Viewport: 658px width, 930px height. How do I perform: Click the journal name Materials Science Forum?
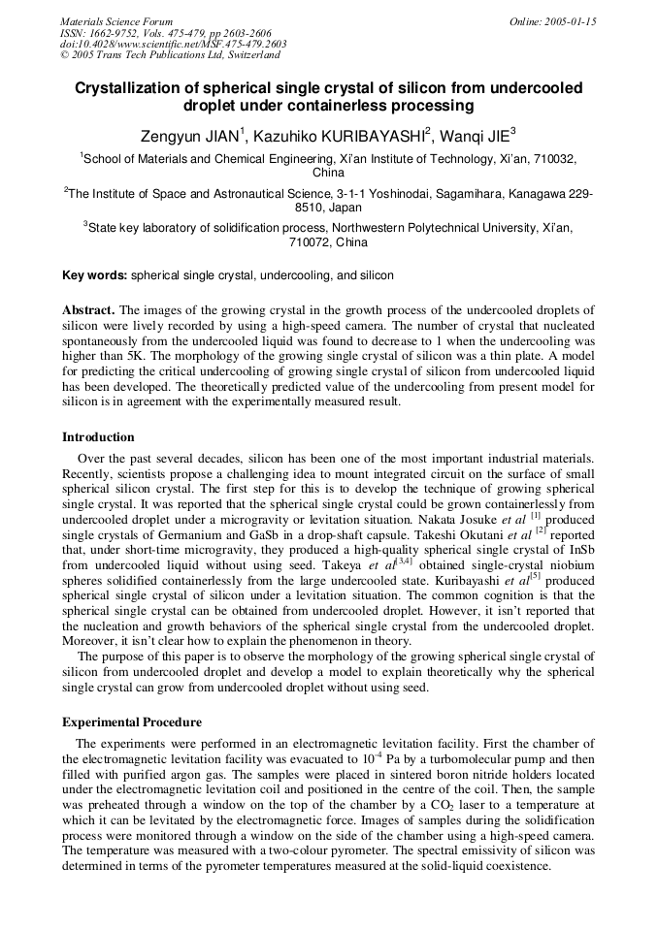[x=116, y=21]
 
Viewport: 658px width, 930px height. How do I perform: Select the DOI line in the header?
[x=173, y=44]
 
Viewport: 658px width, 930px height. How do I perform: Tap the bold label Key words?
[x=94, y=275]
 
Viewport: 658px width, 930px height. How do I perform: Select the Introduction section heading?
[x=98, y=437]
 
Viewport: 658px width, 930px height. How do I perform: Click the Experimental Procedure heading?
[x=132, y=722]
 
